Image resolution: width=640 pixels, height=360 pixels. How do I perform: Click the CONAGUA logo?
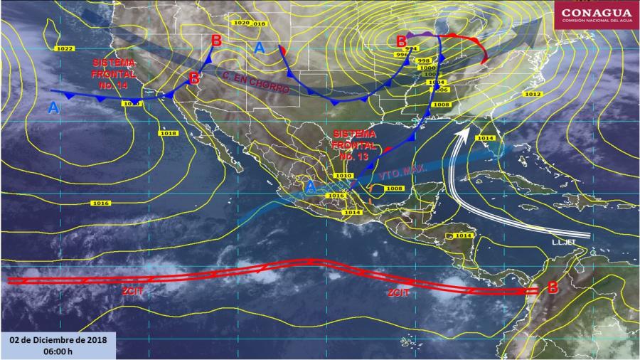(x=596, y=14)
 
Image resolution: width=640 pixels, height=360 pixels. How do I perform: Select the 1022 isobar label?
(x=64, y=48)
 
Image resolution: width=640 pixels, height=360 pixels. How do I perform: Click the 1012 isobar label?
(x=533, y=94)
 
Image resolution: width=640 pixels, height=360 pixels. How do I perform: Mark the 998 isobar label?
(x=425, y=61)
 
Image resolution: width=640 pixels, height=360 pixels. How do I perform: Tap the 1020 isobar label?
(x=240, y=23)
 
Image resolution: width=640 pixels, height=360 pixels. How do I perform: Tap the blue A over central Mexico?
(x=310, y=186)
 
